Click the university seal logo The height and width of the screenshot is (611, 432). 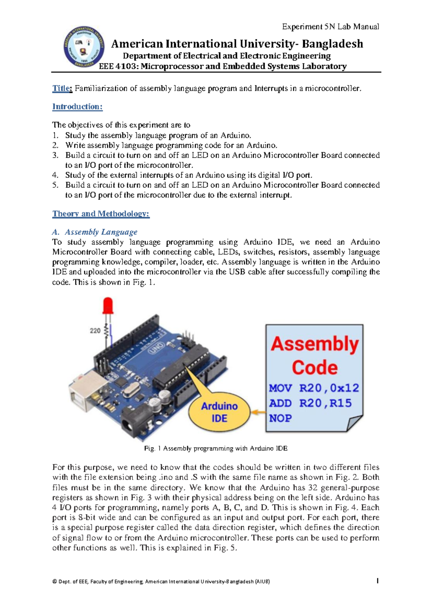(x=84, y=47)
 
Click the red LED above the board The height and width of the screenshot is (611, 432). (x=108, y=305)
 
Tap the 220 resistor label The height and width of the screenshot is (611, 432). (x=95, y=331)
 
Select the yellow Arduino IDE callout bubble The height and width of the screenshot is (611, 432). (x=219, y=412)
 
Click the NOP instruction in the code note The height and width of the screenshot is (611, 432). (x=280, y=418)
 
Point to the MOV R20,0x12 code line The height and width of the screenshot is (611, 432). (x=314, y=388)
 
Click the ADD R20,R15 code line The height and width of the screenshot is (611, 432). (x=310, y=403)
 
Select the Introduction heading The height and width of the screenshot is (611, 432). (x=77, y=107)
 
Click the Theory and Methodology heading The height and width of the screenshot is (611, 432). (x=101, y=214)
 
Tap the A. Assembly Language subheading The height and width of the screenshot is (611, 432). (x=95, y=232)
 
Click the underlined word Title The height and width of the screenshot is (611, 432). (x=62, y=88)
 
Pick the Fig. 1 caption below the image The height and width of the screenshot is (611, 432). (x=216, y=449)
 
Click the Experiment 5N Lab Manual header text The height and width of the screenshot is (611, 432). (x=330, y=27)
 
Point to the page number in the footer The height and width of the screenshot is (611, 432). (x=377, y=581)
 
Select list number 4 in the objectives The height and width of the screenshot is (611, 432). (x=55, y=175)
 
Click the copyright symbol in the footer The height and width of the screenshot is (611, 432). (x=54, y=581)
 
